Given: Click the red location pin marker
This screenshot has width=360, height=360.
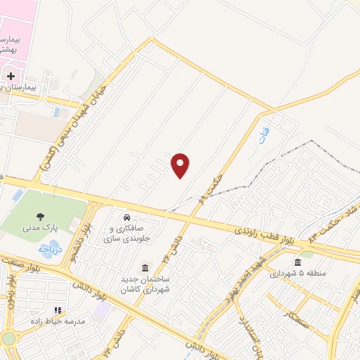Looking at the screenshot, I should click(x=181, y=165).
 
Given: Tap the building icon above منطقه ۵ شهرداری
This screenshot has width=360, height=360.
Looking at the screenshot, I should click(x=298, y=262).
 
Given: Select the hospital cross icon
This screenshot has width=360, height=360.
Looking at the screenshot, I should click(x=11, y=75).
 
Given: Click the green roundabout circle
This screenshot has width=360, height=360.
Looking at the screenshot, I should click(x=8, y=338).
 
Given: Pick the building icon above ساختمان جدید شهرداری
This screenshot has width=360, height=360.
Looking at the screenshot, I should click(x=146, y=268).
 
